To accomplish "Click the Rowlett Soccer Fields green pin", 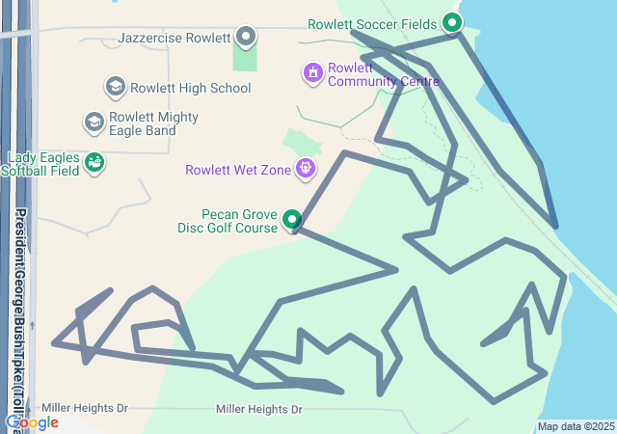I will [451, 22].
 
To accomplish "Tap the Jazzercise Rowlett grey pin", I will [246, 37].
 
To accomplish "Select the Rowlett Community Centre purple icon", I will [312, 72].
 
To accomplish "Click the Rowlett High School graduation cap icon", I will [115, 88].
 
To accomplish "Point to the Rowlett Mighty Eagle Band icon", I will [94, 122].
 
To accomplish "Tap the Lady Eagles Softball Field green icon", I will [94, 163].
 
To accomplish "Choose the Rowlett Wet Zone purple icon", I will [306, 170].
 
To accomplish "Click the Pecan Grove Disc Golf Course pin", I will [292, 220].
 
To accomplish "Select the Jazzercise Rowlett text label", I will [174, 39].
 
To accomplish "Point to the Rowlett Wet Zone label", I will [238, 171].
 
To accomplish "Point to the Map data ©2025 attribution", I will [576, 426].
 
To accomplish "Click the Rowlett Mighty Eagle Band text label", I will [143, 123].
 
